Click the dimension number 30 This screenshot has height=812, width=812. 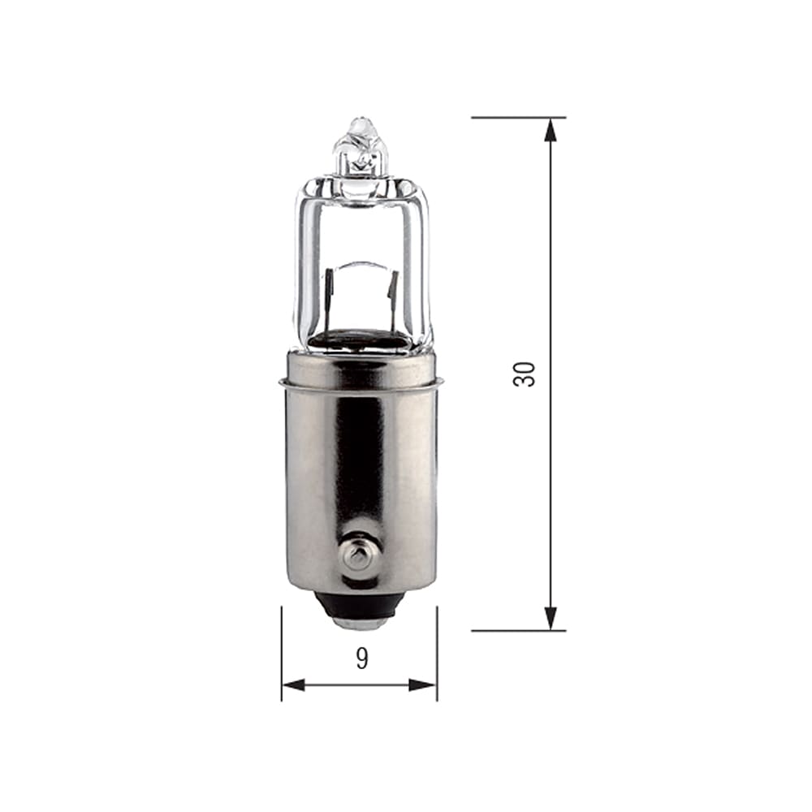[524, 374]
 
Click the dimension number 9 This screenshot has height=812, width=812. [362, 659]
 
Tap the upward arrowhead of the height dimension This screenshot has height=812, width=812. [551, 129]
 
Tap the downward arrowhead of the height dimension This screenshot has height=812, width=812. [551, 619]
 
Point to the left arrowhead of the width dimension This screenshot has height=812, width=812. [294, 685]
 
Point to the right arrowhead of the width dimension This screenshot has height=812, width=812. [424, 685]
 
